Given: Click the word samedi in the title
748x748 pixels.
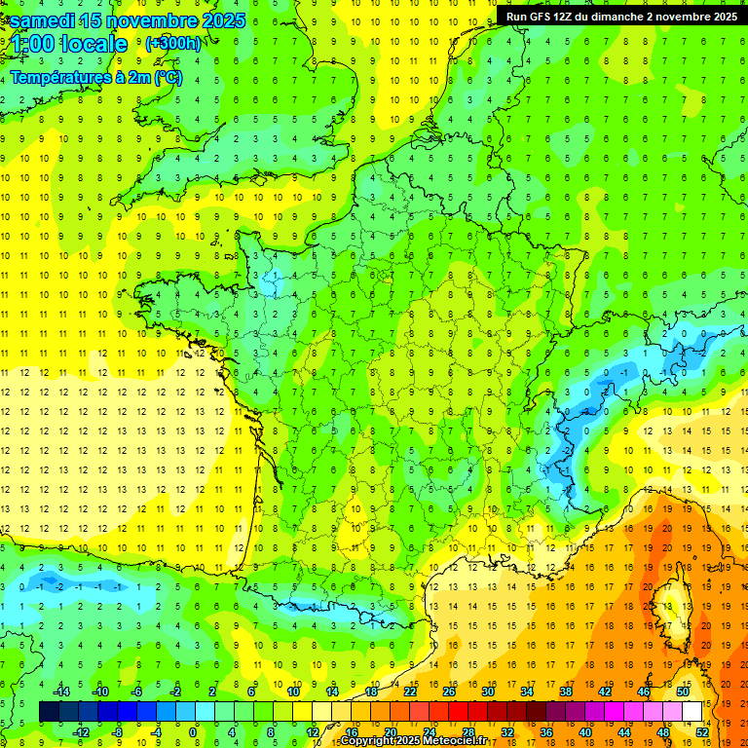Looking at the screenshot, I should [x=48, y=20].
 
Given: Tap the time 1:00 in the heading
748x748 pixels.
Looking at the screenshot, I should [x=31, y=44].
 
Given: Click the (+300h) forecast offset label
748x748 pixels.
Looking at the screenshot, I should [x=172, y=43].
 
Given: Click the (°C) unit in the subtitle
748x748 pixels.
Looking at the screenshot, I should [x=168, y=78].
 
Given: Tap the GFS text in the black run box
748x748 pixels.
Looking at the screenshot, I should [x=542, y=17].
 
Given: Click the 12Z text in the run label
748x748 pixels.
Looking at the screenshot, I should [x=564, y=17].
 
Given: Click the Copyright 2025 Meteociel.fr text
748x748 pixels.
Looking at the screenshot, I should [x=413, y=741].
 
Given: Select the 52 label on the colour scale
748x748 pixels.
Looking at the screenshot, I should [x=703, y=732].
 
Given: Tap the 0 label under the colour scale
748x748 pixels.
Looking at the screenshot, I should [x=193, y=732].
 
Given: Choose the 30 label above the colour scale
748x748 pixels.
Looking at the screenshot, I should [x=487, y=692].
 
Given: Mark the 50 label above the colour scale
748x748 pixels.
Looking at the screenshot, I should [x=683, y=692].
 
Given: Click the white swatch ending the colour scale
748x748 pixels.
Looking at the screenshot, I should [x=692, y=712].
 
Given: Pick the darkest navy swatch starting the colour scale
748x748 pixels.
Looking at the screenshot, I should [x=49, y=712].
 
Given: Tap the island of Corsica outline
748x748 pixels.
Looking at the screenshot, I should [x=665, y=595].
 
